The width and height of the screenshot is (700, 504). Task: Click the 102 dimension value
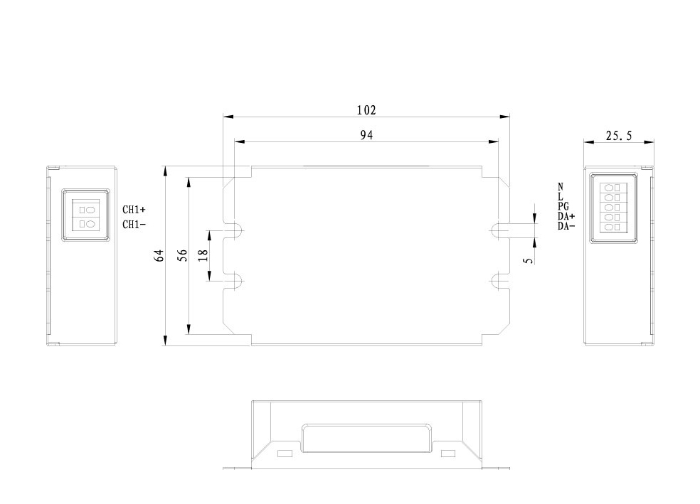[x=366, y=110]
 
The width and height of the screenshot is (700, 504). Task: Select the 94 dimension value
[x=366, y=135]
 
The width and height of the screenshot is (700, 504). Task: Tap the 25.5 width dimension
[x=618, y=136]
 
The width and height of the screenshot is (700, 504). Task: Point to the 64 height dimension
[x=160, y=255]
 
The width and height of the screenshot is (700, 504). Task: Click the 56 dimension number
[x=183, y=255]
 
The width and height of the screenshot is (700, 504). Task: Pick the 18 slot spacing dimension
[x=204, y=255]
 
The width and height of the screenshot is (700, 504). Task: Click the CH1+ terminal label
[x=134, y=210]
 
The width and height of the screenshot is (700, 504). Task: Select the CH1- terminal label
[x=134, y=225]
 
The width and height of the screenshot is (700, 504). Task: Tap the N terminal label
[x=561, y=187]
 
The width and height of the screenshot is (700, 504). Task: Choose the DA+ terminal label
[x=566, y=216]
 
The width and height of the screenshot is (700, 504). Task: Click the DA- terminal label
[x=566, y=226]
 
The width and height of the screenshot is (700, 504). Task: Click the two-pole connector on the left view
[x=85, y=217]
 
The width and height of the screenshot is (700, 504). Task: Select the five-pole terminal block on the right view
[x=612, y=208]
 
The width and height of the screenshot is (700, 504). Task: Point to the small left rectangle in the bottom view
[x=284, y=454]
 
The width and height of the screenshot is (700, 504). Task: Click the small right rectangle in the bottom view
[x=447, y=454]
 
